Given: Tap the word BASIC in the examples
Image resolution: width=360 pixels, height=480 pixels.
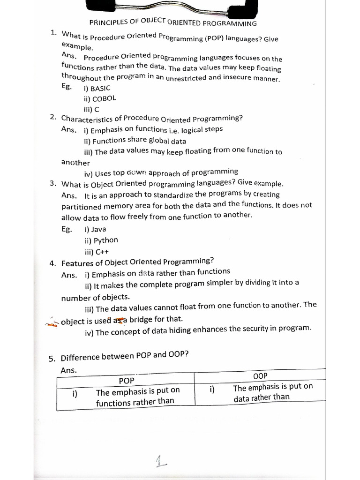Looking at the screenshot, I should coord(100,88).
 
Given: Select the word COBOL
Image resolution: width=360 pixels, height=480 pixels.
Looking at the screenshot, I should coord(104,99).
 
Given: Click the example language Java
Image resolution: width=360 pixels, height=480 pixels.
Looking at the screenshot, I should coord(98,229).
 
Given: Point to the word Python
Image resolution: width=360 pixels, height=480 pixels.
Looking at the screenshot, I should coord(106,240).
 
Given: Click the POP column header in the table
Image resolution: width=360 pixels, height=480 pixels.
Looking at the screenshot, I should coord(127,381).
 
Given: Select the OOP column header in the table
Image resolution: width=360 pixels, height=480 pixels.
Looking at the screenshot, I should coord(260,376).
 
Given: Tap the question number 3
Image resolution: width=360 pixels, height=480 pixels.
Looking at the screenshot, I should coord(53,184).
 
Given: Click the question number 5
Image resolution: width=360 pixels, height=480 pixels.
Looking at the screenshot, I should coord(52,359).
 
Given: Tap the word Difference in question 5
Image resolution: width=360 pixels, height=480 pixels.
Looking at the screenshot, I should coord(80,357).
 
